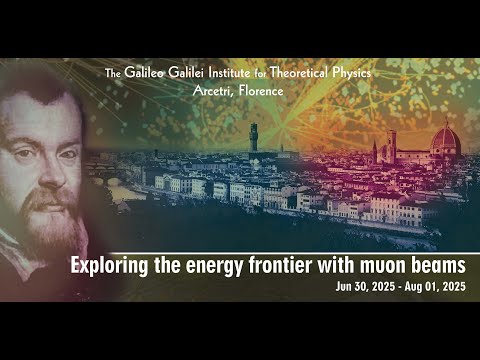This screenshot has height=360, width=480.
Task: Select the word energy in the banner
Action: (x=214, y=265)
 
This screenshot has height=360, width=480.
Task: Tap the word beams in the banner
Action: (x=439, y=265)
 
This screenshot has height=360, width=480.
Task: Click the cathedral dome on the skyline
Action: (x=444, y=140)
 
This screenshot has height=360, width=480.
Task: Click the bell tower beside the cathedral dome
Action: (x=392, y=145)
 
